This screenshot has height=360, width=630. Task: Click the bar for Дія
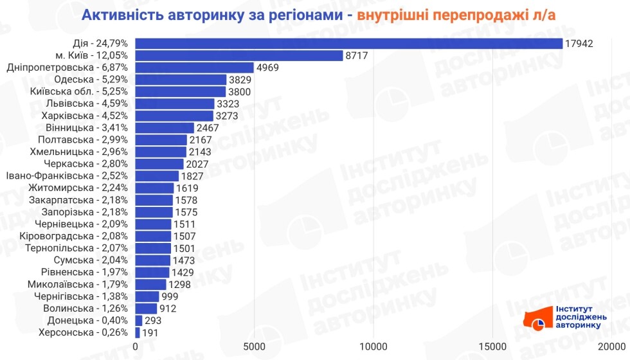[349, 43]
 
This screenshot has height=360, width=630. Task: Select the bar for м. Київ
[239, 55]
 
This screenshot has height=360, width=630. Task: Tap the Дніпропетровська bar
[195, 67]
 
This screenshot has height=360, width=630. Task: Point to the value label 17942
[579, 43]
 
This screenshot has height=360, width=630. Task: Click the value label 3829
[242, 80]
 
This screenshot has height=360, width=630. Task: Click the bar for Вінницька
[165, 127]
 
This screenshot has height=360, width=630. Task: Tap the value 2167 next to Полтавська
[202, 139]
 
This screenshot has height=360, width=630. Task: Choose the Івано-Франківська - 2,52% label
[67, 175]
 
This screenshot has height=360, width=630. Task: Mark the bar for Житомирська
[154, 188]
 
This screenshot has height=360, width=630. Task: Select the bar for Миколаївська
[150, 284]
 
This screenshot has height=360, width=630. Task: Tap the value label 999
[171, 296]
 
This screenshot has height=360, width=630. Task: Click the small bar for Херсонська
[138, 332]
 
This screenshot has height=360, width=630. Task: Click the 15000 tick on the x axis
[492, 348]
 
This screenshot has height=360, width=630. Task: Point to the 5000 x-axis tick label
[255, 348]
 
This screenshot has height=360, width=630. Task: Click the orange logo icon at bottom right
[536, 318]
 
